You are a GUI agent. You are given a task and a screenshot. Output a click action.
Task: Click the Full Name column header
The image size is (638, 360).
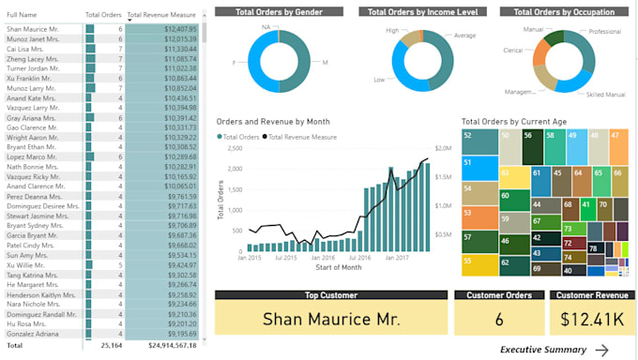[22, 15]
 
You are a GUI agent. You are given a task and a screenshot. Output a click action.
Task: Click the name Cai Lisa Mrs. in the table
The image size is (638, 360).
[27, 49]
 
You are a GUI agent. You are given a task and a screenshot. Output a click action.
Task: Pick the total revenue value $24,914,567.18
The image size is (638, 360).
[166, 345]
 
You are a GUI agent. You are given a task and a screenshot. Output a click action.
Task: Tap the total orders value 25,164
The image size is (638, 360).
[110, 345]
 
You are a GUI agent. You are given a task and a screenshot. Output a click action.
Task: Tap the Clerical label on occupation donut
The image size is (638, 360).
[512, 51]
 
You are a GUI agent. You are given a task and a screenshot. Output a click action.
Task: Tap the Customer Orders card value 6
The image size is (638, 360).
[499, 319]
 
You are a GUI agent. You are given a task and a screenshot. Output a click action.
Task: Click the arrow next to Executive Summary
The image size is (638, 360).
[601, 350]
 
